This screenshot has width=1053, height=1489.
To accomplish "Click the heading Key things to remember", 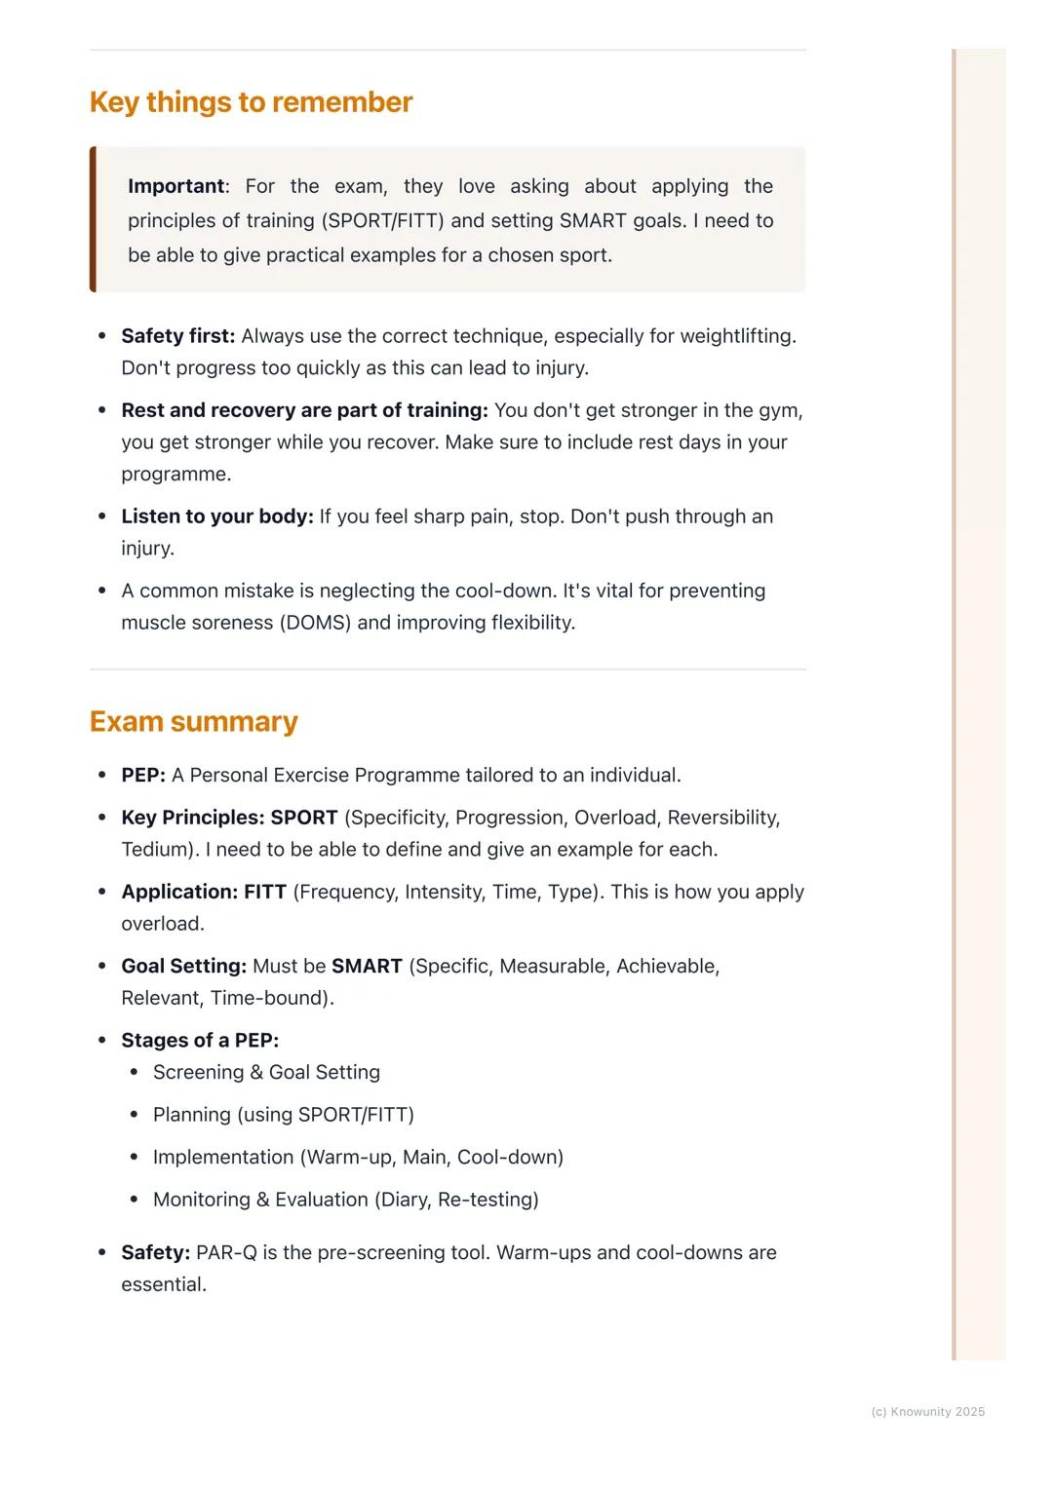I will coord(251,102).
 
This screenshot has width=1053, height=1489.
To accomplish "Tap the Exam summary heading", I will coord(193,722).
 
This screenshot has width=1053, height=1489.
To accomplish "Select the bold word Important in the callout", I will coord(175,186).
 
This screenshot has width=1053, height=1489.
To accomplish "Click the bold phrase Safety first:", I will coord(177,336).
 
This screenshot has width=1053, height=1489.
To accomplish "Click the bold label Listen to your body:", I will coord(216,516).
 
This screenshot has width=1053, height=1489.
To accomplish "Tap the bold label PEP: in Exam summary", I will coord(143,776).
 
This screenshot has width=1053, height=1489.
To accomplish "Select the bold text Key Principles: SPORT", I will coord(229,818).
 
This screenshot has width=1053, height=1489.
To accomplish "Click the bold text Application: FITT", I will coord(204,892).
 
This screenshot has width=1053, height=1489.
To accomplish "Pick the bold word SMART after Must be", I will coord(367,967).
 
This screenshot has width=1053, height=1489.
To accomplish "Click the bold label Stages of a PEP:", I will coord(200,1041).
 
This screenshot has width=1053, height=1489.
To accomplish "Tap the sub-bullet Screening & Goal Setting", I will coord(266,1072).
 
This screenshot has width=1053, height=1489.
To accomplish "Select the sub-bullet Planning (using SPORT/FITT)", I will coord(283,1115).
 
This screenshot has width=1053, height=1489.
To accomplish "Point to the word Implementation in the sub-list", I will coord(223,1158).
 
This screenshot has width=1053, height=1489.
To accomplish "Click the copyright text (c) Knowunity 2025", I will coord(927,1412).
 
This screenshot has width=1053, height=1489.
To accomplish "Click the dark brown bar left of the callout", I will coord(93,219).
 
